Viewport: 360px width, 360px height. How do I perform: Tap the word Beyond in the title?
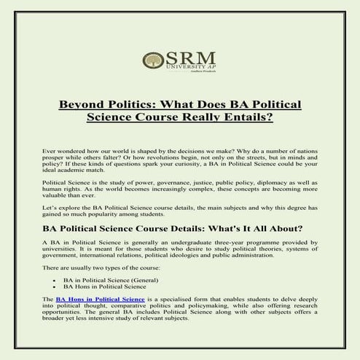click(x=84, y=104)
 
